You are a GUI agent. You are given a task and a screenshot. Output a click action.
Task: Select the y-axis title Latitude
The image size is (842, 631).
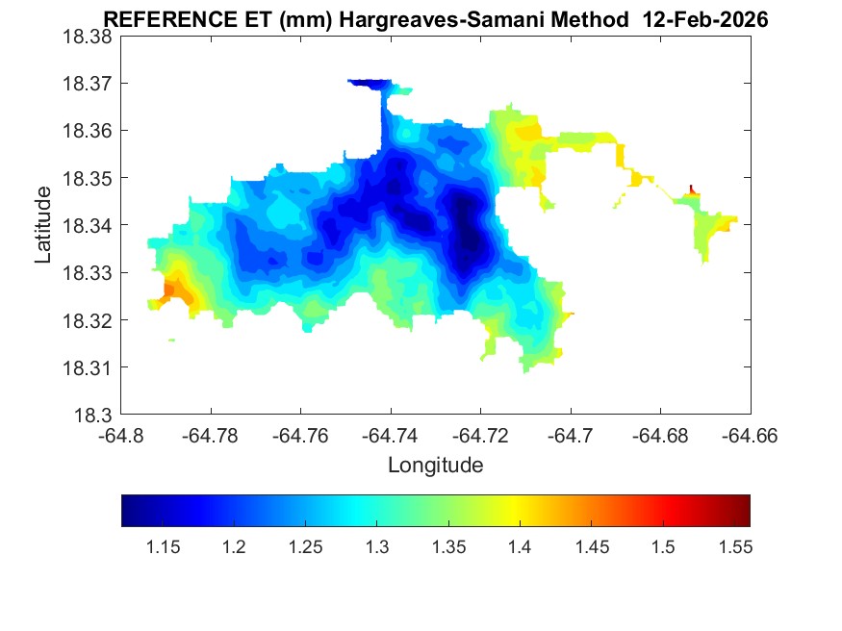click(43, 225)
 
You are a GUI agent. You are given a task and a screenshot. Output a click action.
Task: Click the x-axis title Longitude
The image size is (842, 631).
click(435, 466)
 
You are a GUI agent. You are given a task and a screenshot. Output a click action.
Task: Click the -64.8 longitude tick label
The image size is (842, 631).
click(121, 435)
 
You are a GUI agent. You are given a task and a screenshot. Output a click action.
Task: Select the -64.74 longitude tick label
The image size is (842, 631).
click(391, 435)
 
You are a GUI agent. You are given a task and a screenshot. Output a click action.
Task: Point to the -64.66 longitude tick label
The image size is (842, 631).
click(750, 435)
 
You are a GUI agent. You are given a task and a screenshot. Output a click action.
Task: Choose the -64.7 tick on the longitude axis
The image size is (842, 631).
click(571, 435)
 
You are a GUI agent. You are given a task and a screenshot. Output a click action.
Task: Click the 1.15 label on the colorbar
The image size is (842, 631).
click(163, 547)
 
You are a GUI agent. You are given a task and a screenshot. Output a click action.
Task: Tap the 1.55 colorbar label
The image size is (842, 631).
click(733, 547)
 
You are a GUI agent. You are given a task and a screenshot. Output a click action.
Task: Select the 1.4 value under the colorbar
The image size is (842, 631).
click(520, 547)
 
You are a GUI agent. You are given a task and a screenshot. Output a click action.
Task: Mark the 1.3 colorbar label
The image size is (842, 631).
click(376, 547)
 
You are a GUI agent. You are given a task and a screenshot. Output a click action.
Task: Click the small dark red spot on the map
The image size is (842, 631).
click(692, 189)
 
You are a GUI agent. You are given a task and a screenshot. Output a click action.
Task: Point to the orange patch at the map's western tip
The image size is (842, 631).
click(172, 290)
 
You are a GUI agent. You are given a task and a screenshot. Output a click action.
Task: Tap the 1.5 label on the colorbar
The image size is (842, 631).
click(662, 547)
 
